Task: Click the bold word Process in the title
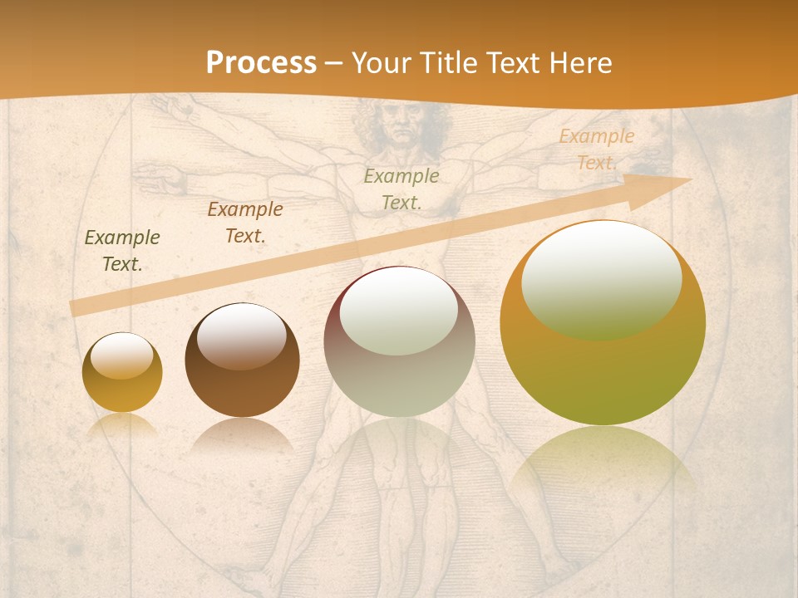click(261, 63)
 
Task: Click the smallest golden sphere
click(122, 372)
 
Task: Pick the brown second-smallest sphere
click(242, 360)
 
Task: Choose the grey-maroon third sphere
click(399, 342)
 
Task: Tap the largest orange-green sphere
click(603, 323)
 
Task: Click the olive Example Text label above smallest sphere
click(122, 251)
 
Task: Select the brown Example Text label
click(245, 223)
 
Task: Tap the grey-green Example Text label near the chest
click(401, 189)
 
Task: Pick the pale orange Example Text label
click(596, 149)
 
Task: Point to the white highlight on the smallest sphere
click(122, 355)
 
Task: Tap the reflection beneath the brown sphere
click(242, 435)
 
